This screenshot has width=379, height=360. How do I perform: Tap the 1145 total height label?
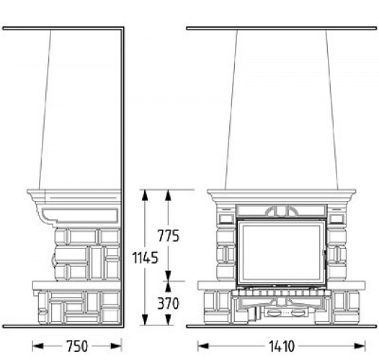tap(146, 258)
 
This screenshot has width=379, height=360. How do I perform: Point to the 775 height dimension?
tap(167, 235)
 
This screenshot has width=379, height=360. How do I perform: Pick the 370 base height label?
tap(167, 303)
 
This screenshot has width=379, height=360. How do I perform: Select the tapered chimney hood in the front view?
tap(281, 108)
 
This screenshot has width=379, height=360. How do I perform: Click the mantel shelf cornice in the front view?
tap(281, 195)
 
